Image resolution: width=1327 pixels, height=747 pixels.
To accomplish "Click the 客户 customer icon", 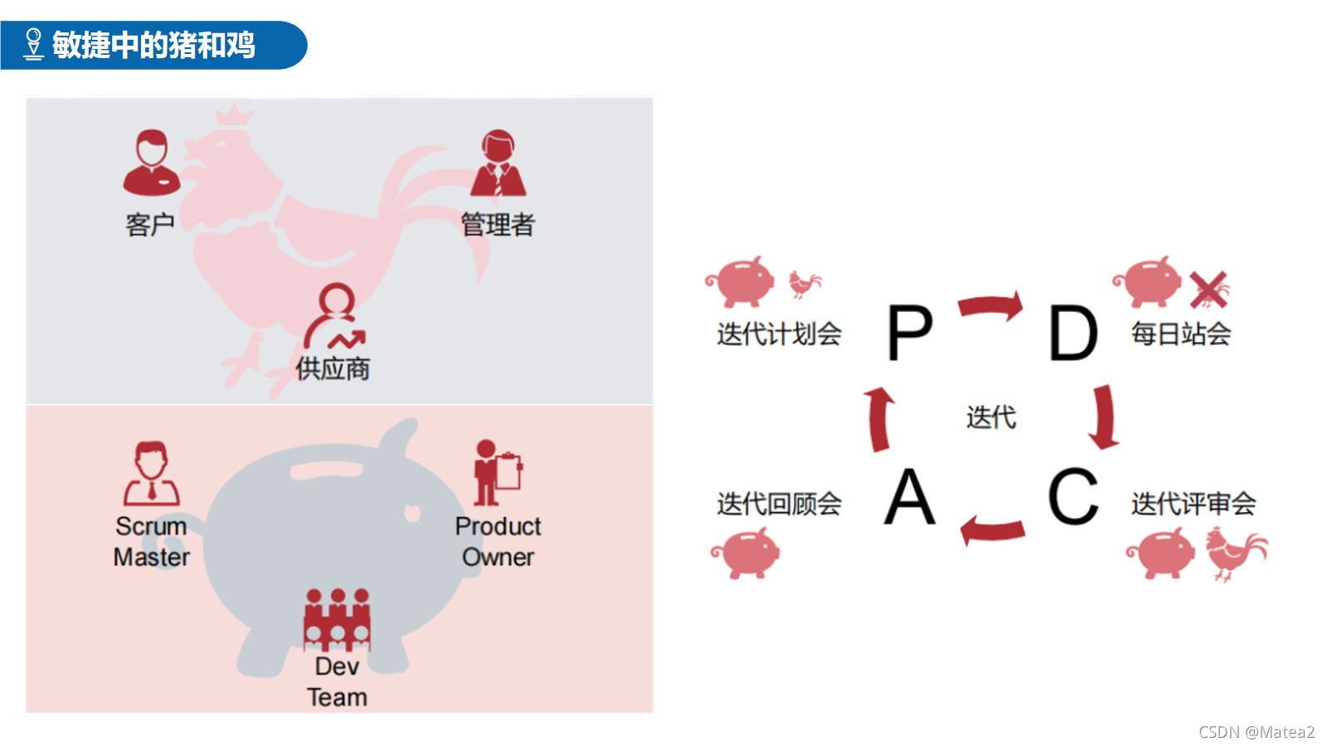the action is coord(151,162).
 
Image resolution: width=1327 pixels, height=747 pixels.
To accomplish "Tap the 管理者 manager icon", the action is coord(498,164).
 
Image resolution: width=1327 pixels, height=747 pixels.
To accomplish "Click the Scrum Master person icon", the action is coord(152,474).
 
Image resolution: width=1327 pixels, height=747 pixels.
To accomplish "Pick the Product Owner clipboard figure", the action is coord(497,472).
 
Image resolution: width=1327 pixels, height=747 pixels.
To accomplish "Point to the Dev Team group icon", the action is coord(337,620).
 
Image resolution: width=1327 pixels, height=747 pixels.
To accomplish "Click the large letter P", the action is coord(910,332).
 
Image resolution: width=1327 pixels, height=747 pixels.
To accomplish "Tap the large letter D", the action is coord(1073,332).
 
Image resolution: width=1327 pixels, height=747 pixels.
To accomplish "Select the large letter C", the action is coord(1072,496).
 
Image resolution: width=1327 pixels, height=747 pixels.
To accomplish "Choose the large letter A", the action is coord(909,496).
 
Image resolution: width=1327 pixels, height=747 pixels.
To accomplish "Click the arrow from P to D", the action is coord(991,306).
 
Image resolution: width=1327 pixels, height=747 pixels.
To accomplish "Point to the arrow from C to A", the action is coord(992,530).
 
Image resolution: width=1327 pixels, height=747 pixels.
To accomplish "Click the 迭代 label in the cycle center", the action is coord(991,417).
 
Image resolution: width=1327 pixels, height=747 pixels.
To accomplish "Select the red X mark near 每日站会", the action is coord(1208,289).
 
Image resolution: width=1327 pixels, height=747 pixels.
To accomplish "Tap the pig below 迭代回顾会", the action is coord(746,553).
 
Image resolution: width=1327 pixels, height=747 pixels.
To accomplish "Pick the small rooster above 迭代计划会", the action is coord(804,284).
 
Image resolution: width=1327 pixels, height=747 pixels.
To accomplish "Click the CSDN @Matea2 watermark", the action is coord(1256,731).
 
